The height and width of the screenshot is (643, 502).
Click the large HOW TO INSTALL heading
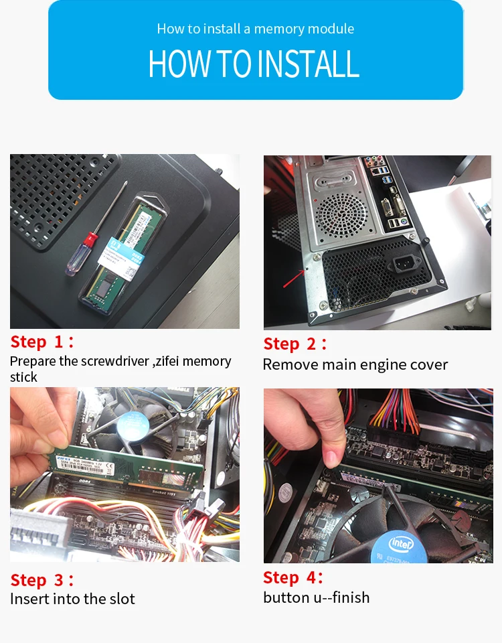click(x=254, y=64)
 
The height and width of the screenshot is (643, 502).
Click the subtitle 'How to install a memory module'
click(x=256, y=29)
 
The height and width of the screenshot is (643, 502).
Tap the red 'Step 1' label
click(x=42, y=342)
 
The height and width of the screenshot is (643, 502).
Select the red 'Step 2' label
click(x=295, y=344)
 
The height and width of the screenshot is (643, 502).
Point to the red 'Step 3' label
click(x=42, y=580)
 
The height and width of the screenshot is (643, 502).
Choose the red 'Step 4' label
click(x=293, y=577)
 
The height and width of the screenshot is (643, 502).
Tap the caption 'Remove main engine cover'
click(x=355, y=364)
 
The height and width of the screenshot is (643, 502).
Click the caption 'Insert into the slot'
click(x=72, y=599)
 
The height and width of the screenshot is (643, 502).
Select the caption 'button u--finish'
click(x=317, y=597)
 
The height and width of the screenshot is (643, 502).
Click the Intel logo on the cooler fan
click(x=401, y=544)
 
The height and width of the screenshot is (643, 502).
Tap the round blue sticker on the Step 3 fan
click(x=131, y=426)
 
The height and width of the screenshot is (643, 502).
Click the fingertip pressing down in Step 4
click(x=331, y=457)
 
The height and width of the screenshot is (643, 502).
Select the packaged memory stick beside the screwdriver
click(x=123, y=255)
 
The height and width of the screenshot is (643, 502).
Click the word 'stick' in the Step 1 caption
click(x=23, y=377)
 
